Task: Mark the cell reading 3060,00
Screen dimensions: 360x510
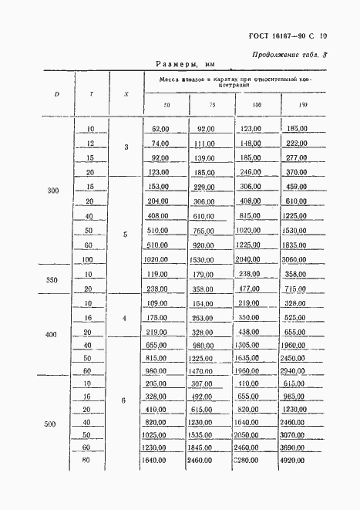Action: tap(296, 259)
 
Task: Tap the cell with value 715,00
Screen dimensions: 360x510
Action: tap(296, 288)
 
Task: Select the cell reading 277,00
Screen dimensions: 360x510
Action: tap(296, 157)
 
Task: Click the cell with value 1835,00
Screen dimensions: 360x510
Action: tap(296, 245)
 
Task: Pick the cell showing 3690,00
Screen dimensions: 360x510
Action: tap(296, 448)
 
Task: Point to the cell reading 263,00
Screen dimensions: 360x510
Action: tap(204, 317)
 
